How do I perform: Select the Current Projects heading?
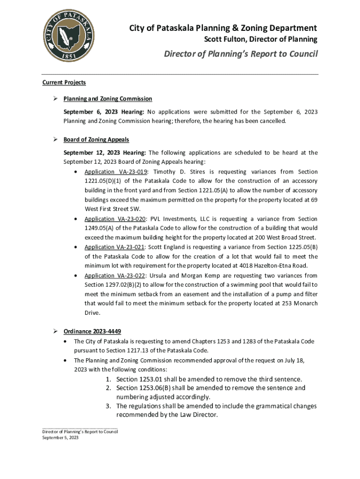click(x=64, y=83)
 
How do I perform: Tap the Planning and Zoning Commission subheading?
click(x=108, y=99)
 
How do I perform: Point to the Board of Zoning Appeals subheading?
click(x=96, y=139)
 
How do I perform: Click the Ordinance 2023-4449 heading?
click(x=92, y=332)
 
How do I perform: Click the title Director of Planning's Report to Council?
click(x=240, y=54)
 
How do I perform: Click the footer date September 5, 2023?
click(x=60, y=438)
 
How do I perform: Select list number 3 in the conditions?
click(x=108, y=406)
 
